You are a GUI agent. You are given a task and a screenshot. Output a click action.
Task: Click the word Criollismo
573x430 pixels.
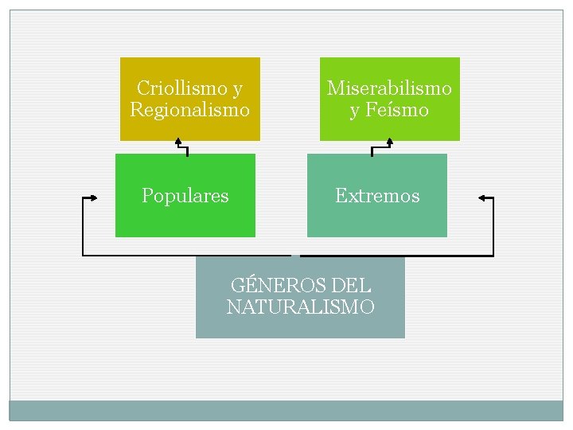tap(181, 88)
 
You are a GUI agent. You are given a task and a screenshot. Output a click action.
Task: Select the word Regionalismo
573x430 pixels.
tap(189, 109)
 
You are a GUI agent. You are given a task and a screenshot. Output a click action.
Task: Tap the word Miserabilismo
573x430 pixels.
tap(389, 88)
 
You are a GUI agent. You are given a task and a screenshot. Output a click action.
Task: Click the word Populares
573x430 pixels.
tap(185, 196)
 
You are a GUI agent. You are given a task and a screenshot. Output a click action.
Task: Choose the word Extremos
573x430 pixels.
tap(377, 196)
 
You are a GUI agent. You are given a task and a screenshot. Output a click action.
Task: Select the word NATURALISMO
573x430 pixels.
tap(300, 307)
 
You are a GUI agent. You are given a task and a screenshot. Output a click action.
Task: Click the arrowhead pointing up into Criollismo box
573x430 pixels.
tap(179, 143)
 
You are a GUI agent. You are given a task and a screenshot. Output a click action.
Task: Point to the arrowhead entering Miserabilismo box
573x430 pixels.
tap(389, 143)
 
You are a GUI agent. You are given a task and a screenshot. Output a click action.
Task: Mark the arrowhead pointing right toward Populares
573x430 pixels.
tap(94, 197)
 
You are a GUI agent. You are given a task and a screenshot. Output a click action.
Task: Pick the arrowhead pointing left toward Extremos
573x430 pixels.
tap(481, 197)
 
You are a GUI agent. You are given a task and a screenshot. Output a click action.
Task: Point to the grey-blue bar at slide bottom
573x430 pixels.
tap(286, 410)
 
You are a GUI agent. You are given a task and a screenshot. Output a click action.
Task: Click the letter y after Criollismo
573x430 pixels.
tap(238, 88)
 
